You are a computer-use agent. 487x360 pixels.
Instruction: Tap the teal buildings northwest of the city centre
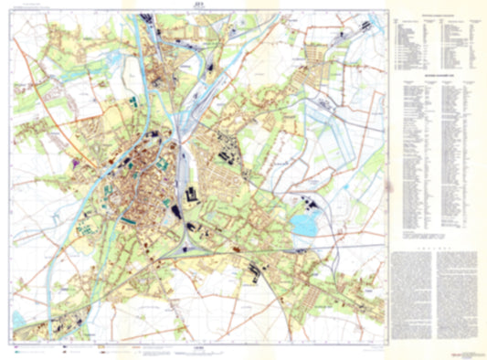point(134,101)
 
